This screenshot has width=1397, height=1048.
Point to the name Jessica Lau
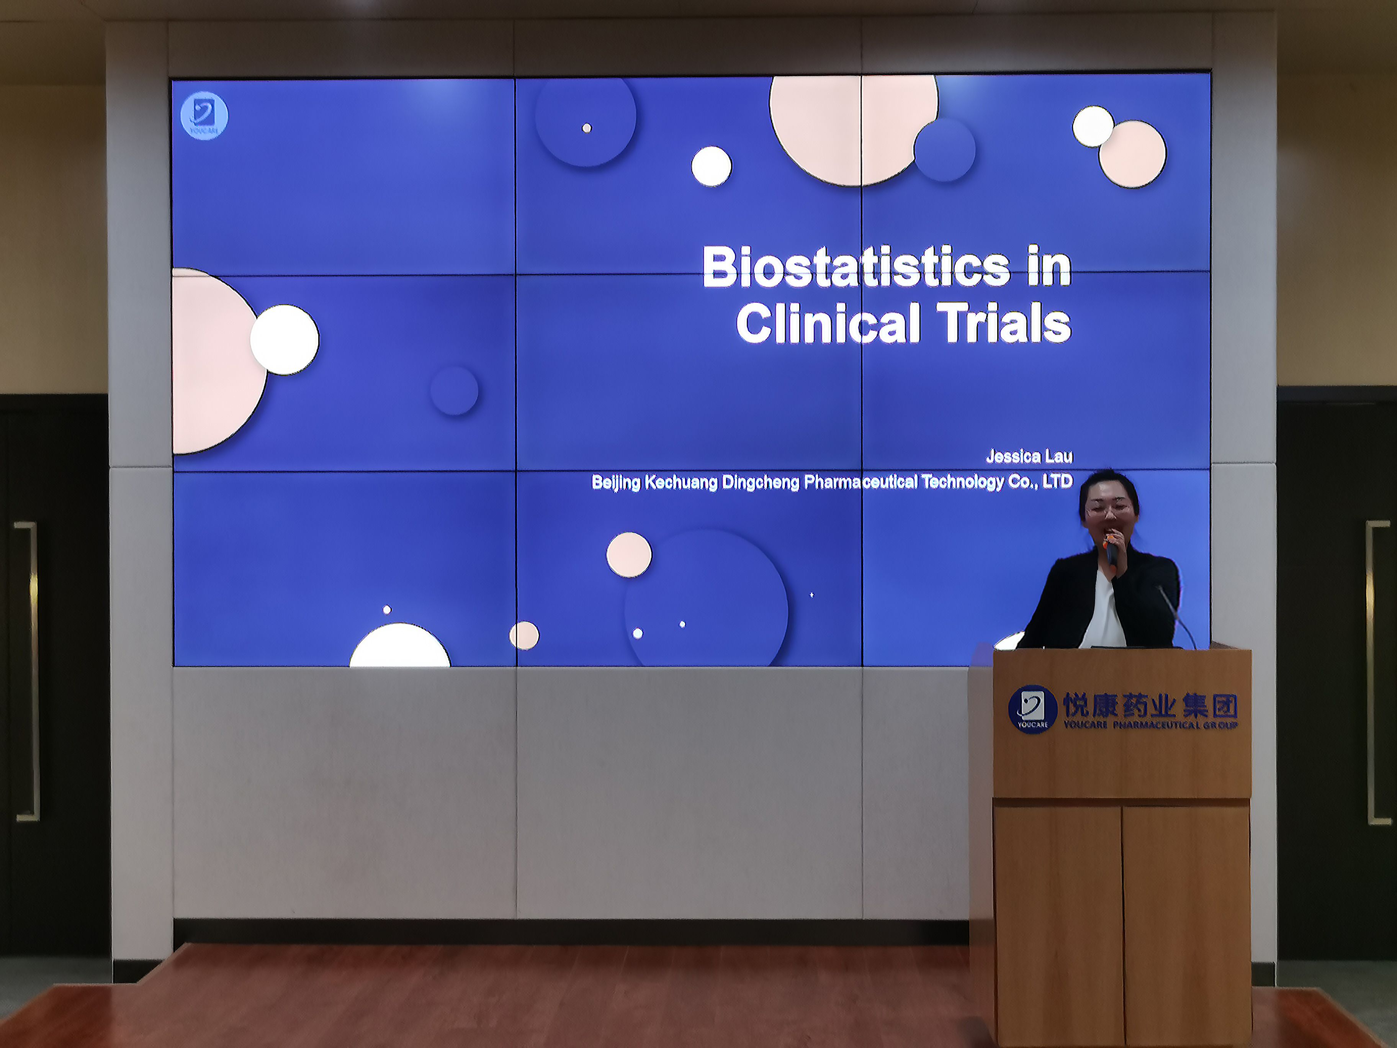(x=1029, y=456)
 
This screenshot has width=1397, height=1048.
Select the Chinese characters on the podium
(x=1150, y=704)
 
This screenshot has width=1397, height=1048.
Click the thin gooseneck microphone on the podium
(x=1176, y=616)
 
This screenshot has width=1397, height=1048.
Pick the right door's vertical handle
(x=1377, y=673)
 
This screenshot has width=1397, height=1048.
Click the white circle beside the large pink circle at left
(x=285, y=340)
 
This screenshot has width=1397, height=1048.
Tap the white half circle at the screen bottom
(x=400, y=645)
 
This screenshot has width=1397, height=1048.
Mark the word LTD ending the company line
(x=1057, y=481)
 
